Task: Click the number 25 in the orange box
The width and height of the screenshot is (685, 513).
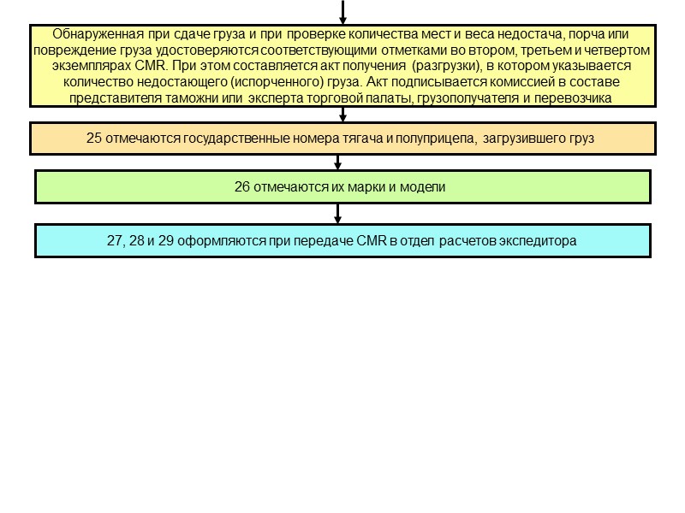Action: click(94, 139)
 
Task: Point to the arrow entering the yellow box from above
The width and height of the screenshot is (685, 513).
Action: click(342, 13)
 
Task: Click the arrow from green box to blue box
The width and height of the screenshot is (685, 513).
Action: click(342, 214)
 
